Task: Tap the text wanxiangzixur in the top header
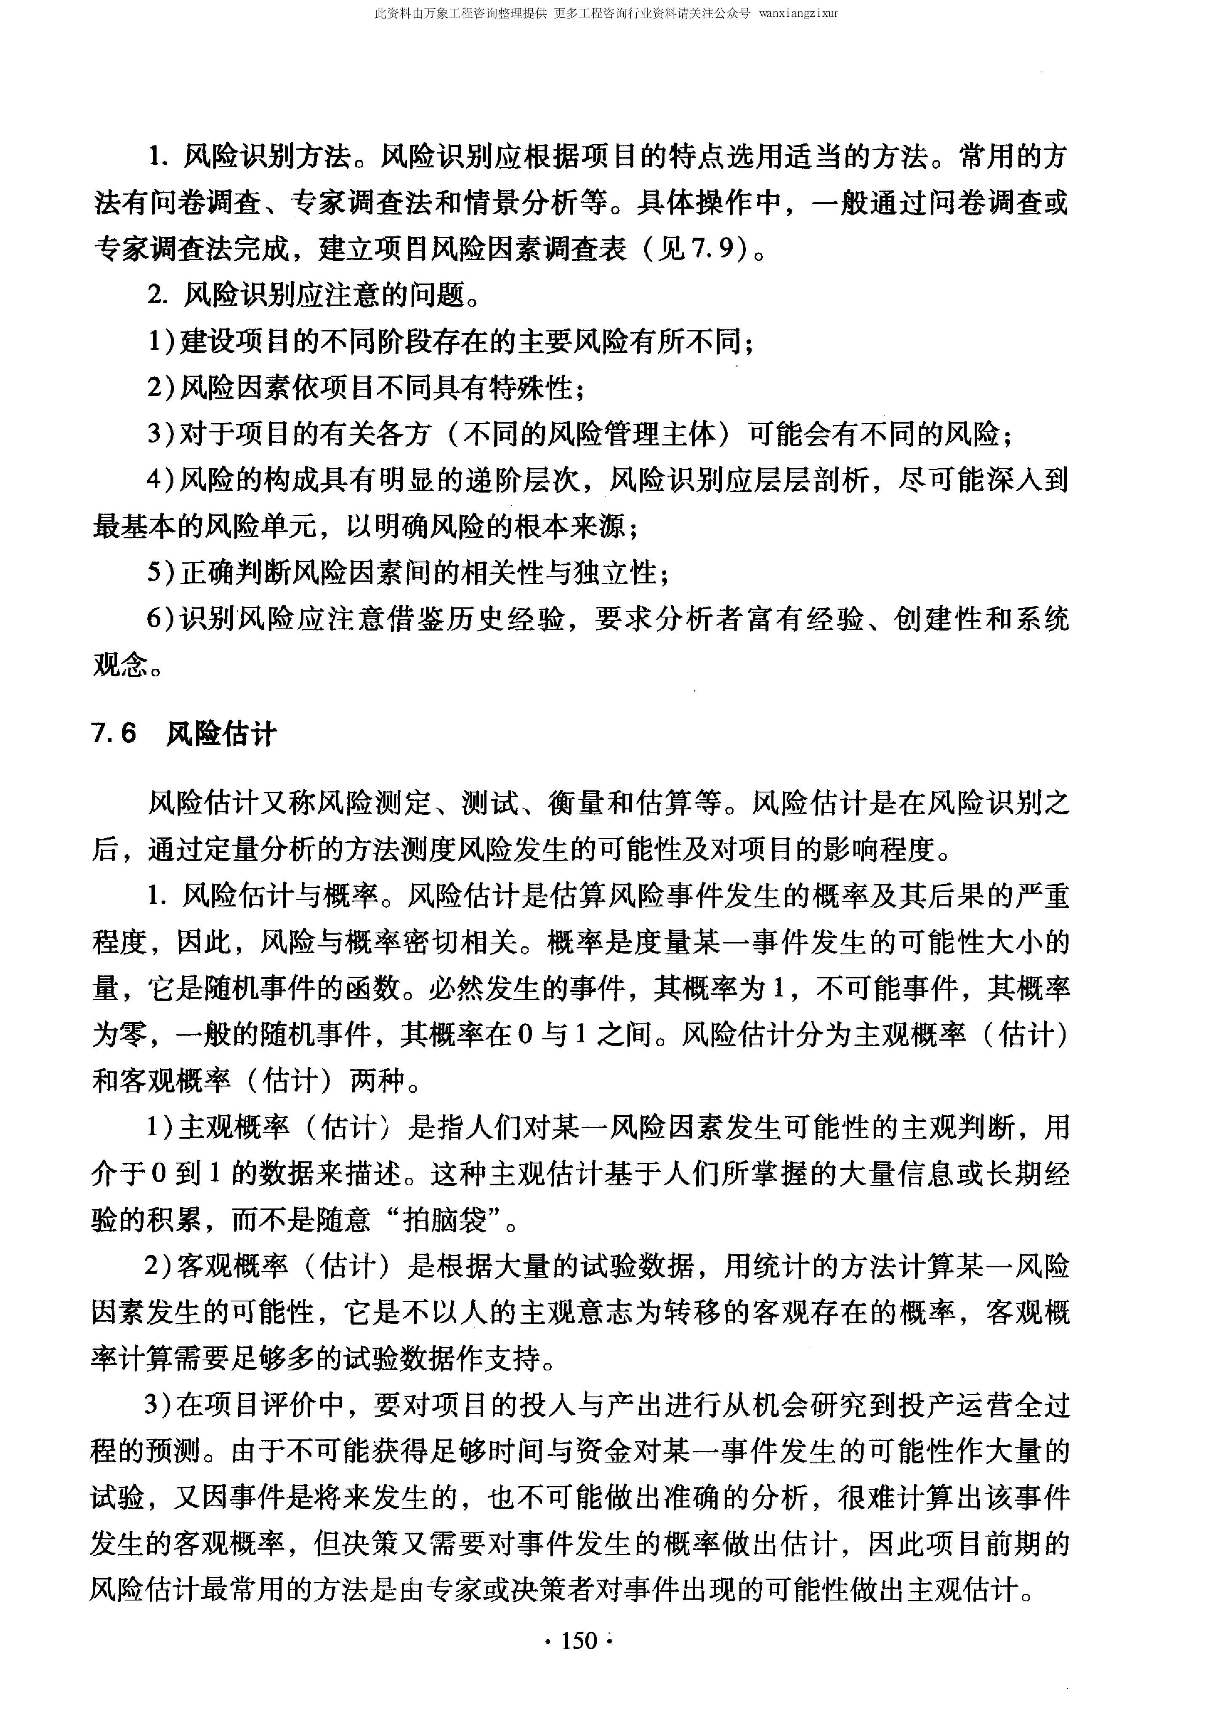(x=798, y=13)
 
